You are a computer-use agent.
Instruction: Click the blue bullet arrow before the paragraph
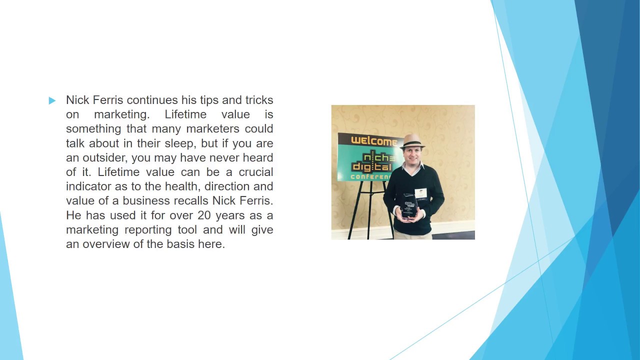coord(52,101)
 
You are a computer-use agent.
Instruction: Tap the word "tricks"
coord(259,100)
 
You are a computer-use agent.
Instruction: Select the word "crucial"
coord(255,172)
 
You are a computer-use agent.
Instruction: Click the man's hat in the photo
coord(413,140)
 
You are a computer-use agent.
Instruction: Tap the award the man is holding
coord(409,205)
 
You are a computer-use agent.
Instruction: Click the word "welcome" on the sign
coord(374,141)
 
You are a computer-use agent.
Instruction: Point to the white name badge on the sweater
coord(421,193)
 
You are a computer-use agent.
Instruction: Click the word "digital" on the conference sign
coord(372,165)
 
